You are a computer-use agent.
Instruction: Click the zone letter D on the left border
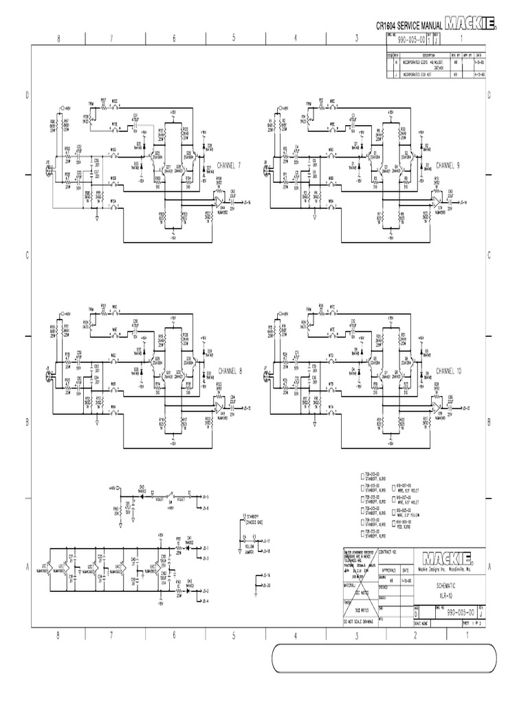click(x=27, y=96)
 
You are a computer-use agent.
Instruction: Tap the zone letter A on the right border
click(x=489, y=566)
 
